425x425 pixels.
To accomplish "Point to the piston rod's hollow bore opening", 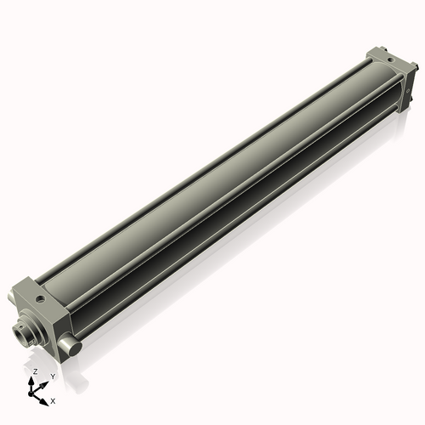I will pyautogui.click(x=23, y=334).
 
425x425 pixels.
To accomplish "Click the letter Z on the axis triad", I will pyautogui.click(x=35, y=372).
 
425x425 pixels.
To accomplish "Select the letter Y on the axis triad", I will pyautogui.click(x=53, y=376).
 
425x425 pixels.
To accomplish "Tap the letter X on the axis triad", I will pyautogui.click(x=53, y=399).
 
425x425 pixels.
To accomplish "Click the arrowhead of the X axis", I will pyautogui.click(x=44, y=396).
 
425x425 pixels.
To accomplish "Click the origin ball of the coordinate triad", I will pyautogui.click(x=33, y=393).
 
